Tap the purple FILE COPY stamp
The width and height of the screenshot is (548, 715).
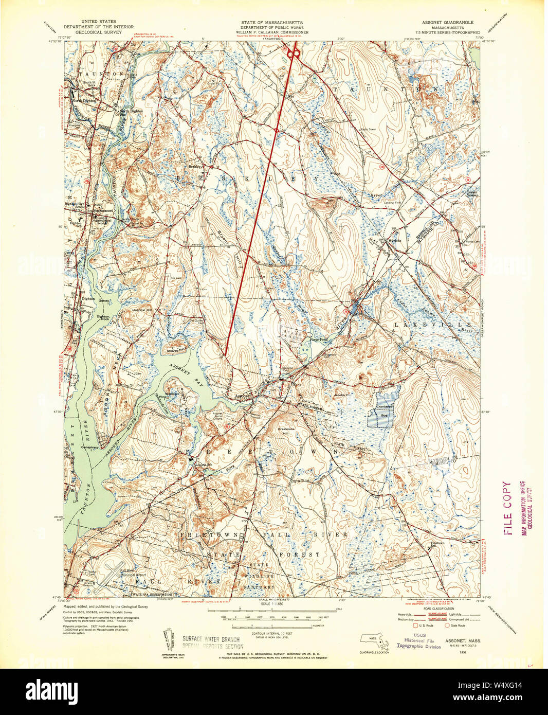click(508, 508)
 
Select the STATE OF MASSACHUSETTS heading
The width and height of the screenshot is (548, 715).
click(272, 23)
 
